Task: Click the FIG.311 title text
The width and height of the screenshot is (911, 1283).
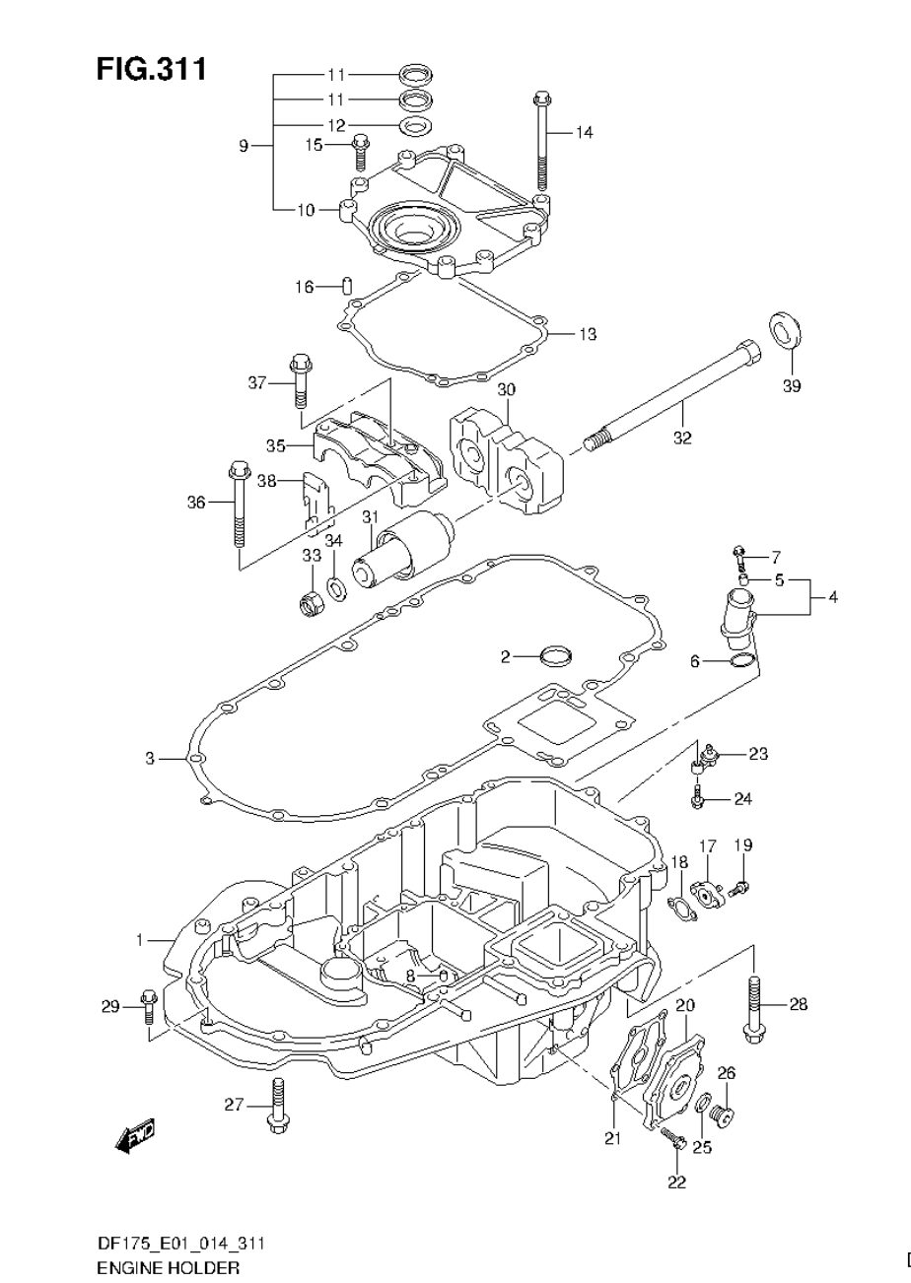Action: tap(151, 70)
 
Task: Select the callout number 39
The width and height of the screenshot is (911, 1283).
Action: tap(791, 385)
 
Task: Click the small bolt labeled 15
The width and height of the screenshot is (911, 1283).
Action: tap(360, 153)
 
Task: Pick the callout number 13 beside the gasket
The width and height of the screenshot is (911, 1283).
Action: tap(588, 334)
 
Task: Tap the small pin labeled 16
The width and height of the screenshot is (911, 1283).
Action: tap(346, 287)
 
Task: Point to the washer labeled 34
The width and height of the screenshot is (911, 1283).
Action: tap(336, 589)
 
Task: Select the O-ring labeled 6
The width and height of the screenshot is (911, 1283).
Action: tap(741, 659)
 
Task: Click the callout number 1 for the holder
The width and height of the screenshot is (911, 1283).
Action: tap(140, 941)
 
